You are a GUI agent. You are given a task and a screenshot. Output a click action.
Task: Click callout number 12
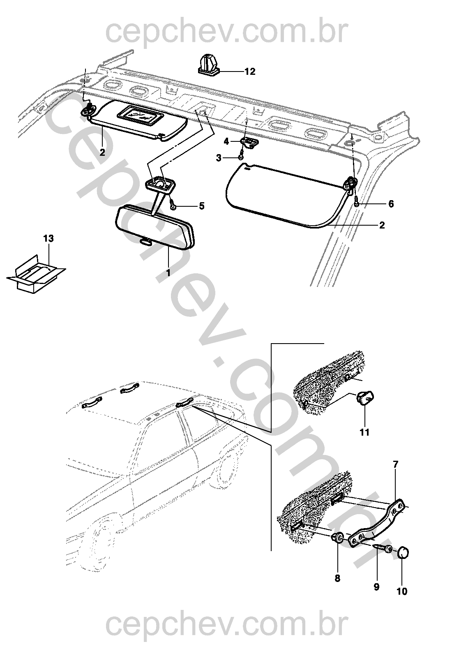tap(250, 71)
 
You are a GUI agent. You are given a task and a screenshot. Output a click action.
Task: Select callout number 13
tap(48, 238)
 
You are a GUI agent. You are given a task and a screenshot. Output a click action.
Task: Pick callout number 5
tap(202, 206)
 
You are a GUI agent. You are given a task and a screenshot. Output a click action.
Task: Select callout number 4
tap(226, 141)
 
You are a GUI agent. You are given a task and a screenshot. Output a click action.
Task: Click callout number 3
tap(219, 158)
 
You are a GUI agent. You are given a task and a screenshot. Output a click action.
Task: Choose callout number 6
tap(391, 204)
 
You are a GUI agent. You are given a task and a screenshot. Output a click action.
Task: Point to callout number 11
tap(364, 432)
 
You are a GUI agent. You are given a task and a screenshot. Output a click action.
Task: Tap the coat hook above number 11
tap(365, 399)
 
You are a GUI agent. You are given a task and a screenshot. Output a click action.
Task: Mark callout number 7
tap(395, 464)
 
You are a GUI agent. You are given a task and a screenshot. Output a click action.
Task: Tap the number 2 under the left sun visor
tap(102, 152)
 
